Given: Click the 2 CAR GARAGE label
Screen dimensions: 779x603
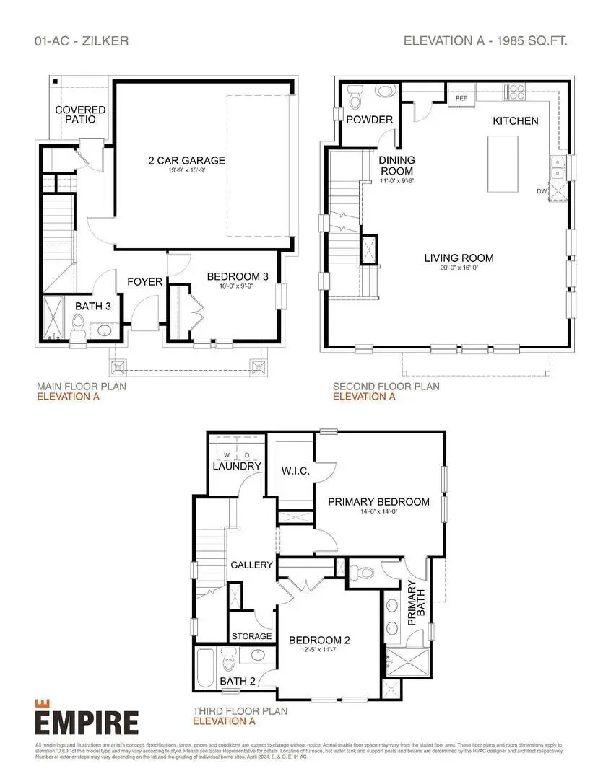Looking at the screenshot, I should (x=183, y=160).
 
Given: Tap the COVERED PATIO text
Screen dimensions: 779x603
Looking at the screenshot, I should (x=81, y=114).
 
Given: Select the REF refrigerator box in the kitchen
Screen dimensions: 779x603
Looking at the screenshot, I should (x=461, y=97).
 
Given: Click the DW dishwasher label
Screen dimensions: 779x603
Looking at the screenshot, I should (x=541, y=191).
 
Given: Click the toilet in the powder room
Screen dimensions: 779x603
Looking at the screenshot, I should (x=355, y=95).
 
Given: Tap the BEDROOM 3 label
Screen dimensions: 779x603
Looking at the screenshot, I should (x=238, y=276).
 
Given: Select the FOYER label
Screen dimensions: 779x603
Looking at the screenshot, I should (x=145, y=281).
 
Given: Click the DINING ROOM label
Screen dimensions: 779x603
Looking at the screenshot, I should (x=396, y=165).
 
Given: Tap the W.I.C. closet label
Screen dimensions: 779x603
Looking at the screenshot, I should (x=295, y=471).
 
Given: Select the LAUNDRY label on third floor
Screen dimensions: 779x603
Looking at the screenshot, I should (x=236, y=466).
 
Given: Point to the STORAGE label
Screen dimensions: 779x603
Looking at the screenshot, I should (x=251, y=636).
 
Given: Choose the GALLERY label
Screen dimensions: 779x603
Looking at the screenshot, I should (x=251, y=565).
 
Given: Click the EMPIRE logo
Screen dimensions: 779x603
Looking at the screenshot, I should (x=86, y=721).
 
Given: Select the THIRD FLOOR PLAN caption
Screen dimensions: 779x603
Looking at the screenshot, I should (x=239, y=710).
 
